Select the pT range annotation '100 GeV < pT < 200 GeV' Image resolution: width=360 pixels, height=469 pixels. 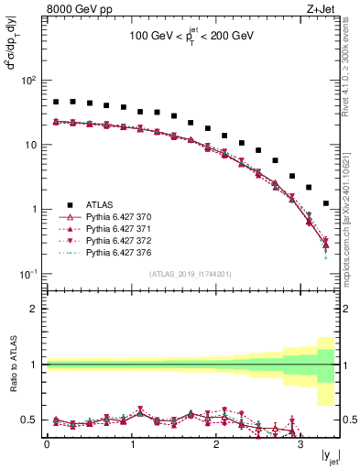pyautogui.click(x=191, y=39)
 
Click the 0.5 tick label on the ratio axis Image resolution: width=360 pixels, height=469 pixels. pyautogui.click(x=30, y=420)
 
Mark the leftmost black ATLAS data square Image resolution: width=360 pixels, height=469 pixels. pyautogui.click(x=56, y=102)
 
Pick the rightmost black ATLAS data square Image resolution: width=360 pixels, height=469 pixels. pyautogui.click(x=326, y=203)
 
